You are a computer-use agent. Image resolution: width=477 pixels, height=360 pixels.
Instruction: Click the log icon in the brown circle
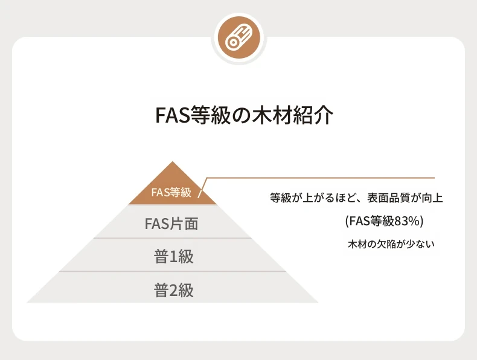tap(239, 38)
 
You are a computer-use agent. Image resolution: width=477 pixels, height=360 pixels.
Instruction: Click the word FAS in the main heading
tap(173, 115)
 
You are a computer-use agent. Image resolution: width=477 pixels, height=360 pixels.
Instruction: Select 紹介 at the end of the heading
tap(313, 115)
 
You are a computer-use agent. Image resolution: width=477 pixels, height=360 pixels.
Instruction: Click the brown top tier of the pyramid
tap(173, 187)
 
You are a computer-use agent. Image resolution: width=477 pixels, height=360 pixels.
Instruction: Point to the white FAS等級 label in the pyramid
tap(171, 192)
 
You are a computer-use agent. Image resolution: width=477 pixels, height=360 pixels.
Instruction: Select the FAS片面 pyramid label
tap(171, 223)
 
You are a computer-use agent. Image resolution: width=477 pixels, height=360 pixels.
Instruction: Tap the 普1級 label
tap(173, 257)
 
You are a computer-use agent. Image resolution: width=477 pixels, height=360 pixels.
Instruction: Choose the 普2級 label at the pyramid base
tap(173, 290)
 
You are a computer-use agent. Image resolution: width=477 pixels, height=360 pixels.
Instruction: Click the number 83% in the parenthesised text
tap(407, 221)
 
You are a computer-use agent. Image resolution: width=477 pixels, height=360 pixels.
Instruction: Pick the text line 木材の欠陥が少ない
tap(391, 244)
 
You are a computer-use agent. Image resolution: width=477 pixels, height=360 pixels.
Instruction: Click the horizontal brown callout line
tap(321, 178)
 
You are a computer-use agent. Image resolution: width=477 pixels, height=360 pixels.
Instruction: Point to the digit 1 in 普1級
tap(173, 257)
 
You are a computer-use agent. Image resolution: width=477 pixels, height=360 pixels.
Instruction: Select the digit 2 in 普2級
tap(173, 291)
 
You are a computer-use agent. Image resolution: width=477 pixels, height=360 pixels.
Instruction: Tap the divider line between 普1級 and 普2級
tap(173, 271)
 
